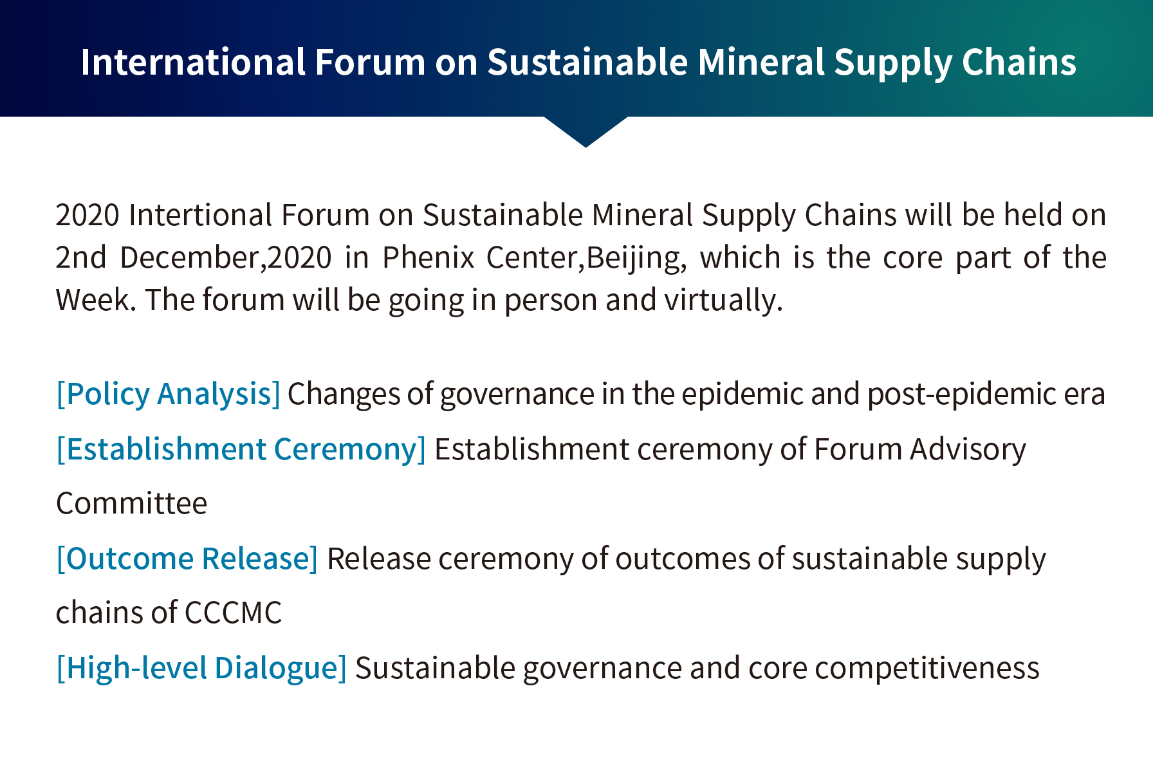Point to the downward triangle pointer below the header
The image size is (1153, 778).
[x=586, y=132]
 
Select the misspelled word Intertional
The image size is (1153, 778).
[x=201, y=215]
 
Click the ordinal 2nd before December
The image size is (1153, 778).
[x=80, y=257]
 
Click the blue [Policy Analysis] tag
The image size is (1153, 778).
[x=169, y=394]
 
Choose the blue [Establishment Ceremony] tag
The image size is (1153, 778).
[x=241, y=450]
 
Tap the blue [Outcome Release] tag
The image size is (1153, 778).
[x=187, y=559]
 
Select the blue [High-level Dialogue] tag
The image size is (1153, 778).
[x=201, y=669]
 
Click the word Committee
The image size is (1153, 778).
[x=132, y=503]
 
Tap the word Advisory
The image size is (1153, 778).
[x=968, y=450]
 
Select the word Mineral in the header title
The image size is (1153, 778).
[x=761, y=62]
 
